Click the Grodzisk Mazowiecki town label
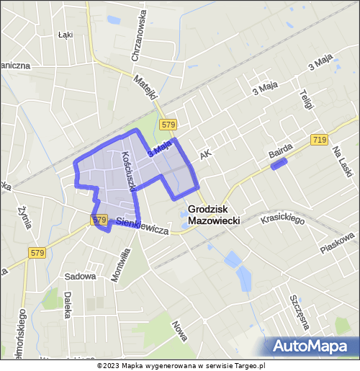coord(213,214)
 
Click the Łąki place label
coord(66,34)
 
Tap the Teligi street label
coord(306,96)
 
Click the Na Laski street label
coord(338,161)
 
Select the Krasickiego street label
coord(284,218)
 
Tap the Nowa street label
coord(179,331)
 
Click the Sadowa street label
coord(80,276)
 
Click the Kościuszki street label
coord(129,170)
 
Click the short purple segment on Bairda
coord(279,164)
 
